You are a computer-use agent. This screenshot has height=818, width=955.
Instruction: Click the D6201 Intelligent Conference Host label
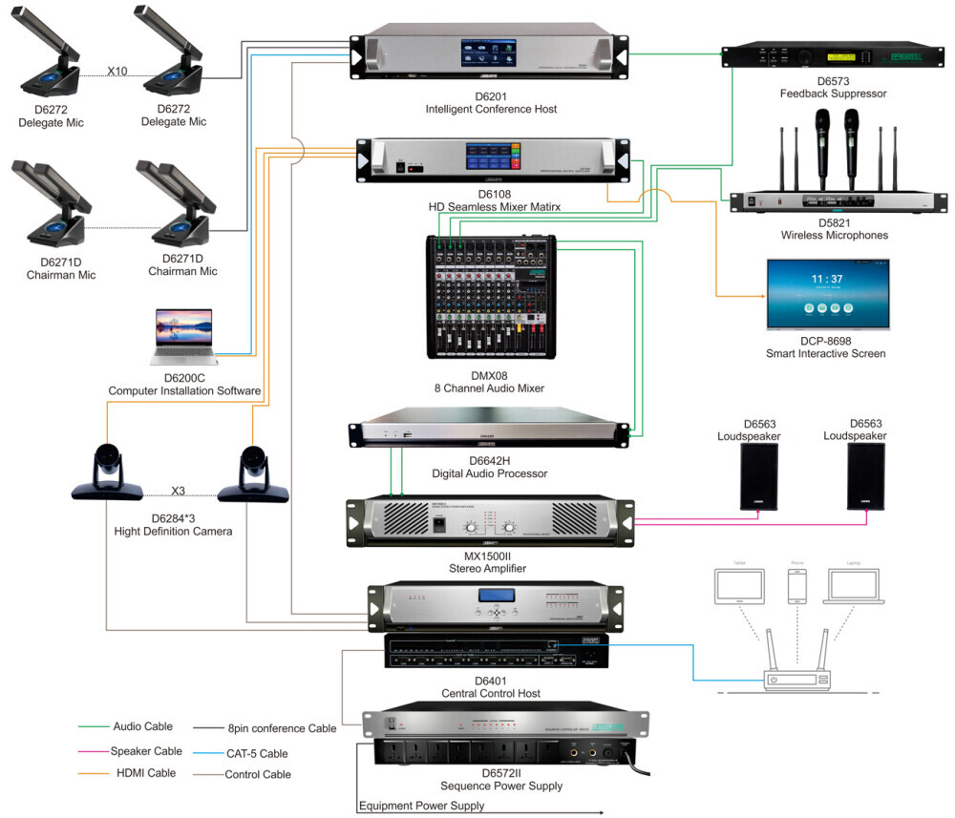pyautogui.click(x=491, y=103)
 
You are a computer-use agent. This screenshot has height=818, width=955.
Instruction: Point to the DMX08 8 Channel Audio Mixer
pyautogui.click(x=490, y=296)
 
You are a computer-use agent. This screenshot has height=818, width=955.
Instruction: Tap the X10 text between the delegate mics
pyautogui.click(x=117, y=71)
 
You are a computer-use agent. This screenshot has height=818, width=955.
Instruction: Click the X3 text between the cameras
pyautogui.click(x=179, y=491)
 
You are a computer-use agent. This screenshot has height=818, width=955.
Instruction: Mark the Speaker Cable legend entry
pyautogui.click(x=147, y=751)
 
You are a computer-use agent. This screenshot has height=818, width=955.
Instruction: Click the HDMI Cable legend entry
pyautogui.click(x=145, y=773)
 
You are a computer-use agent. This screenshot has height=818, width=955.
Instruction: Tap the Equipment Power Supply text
pyautogui.click(x=421, y=806)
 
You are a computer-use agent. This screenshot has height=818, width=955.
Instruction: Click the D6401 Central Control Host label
pyautogui.click(x=491, y=687)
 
